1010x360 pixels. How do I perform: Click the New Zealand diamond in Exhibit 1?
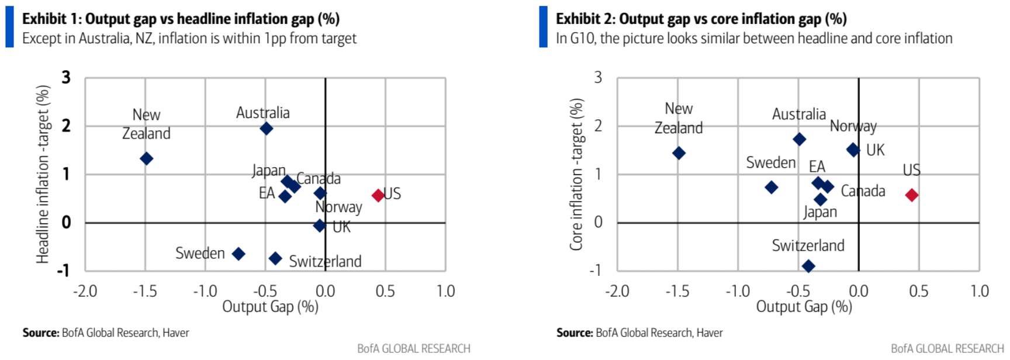pos(147,158)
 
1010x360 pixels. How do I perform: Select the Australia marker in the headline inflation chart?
pos(266,129)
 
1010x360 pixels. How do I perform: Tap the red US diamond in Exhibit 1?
pos(378,195)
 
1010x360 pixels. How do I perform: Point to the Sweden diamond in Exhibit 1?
pos(238,254)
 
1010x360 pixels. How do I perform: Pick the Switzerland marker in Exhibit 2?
pos(808,266)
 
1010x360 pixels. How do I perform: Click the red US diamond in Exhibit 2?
pos(912,195)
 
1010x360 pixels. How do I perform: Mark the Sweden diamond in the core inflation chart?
pos(772,187)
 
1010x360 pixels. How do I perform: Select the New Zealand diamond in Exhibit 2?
pos(679,153)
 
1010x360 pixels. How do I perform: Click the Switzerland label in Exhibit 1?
pos(325,261)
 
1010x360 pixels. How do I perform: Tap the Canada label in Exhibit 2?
pos(863,191)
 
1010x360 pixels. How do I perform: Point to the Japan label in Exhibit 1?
pos(268,170)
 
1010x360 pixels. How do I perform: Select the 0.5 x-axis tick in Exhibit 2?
pos(918,291)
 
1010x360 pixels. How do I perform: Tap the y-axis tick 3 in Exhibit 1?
pos(66,77)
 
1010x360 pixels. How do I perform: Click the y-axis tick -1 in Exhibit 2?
pos(595,270)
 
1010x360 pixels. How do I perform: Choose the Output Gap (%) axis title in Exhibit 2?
pos(804,307)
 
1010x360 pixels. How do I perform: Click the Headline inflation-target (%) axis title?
pos(43,174)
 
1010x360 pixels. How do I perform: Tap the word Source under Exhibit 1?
pos(40,333)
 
